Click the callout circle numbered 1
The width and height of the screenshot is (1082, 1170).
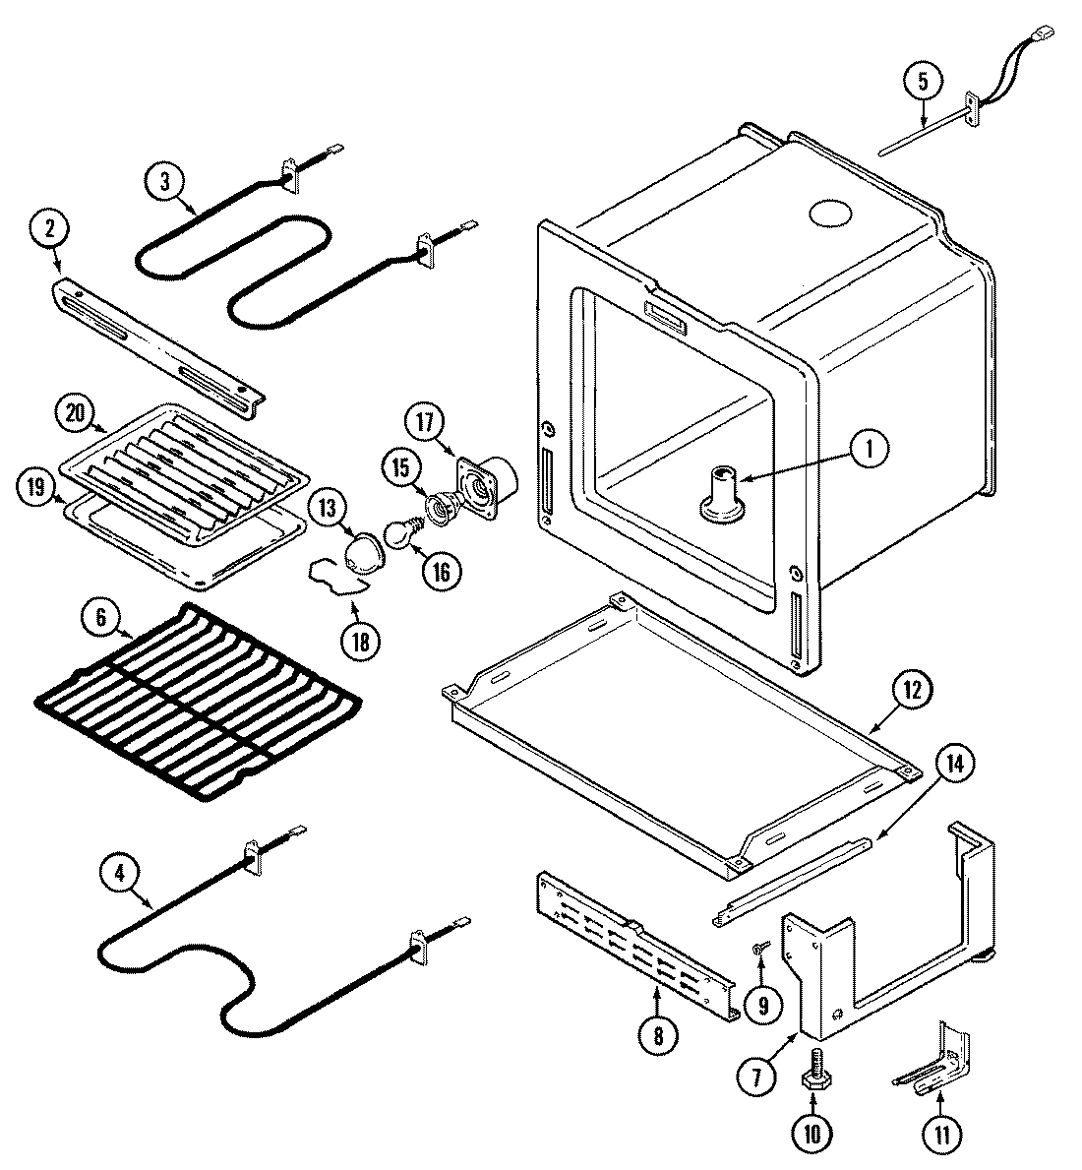tap(868, 449)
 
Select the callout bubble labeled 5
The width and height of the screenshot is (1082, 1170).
tap(923, 82)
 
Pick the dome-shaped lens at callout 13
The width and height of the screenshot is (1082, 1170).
tap(363, 552)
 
